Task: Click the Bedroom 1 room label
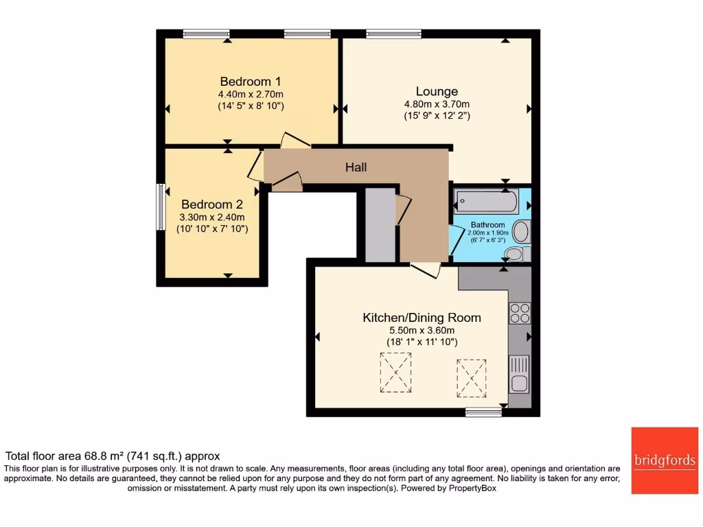pos(250,80)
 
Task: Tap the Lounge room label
pos(437,91)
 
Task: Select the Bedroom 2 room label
pos(211,204)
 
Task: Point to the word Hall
pos(356,167)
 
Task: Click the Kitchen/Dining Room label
pos(422,318)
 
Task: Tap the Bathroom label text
pos(487,224)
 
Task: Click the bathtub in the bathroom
pos(487,201)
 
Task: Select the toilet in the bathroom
pos(514,255)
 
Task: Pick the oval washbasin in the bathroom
pos(521,231)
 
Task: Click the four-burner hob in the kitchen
pos(520,313)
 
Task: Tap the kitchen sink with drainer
pos(519,374)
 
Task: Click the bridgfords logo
pos(664,460)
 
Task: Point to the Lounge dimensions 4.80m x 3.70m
pos(437,104)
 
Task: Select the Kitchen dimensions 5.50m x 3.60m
pos(421,330)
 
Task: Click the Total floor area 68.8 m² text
pos(113,456)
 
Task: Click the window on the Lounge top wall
pos(393,33)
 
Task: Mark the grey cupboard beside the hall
pos(380,226)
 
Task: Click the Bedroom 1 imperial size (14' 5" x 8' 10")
pos(250,106)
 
